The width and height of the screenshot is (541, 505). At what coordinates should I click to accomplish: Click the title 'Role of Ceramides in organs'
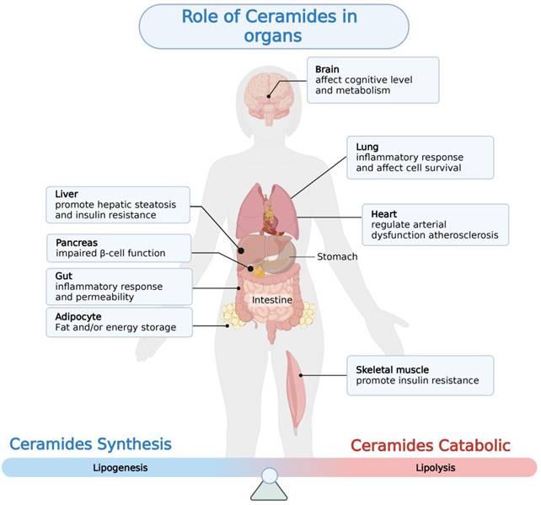point(267,26)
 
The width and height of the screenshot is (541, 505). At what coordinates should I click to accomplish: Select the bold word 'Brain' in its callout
point(328,68)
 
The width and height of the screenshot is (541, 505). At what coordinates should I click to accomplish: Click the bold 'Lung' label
point(367,147)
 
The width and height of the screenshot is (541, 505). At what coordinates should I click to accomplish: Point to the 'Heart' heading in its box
point(384,214)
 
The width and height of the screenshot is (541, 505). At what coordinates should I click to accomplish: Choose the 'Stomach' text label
point(337,256)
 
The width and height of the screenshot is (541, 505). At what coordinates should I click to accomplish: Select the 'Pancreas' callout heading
point(77,241)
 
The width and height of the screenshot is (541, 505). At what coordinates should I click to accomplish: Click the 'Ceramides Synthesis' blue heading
point(90,443)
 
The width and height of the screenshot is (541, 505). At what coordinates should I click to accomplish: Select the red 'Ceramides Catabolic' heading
point(442,445)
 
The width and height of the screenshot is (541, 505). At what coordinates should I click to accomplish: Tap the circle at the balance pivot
point(270,476)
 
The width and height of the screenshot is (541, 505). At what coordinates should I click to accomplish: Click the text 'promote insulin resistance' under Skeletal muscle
point(417,381)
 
